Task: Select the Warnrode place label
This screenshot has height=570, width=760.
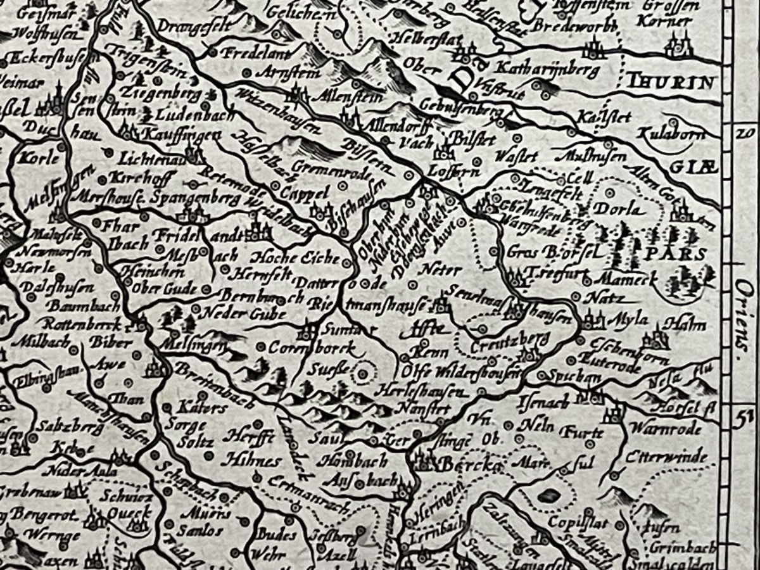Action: pyautogui.click(x=666, y=429)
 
